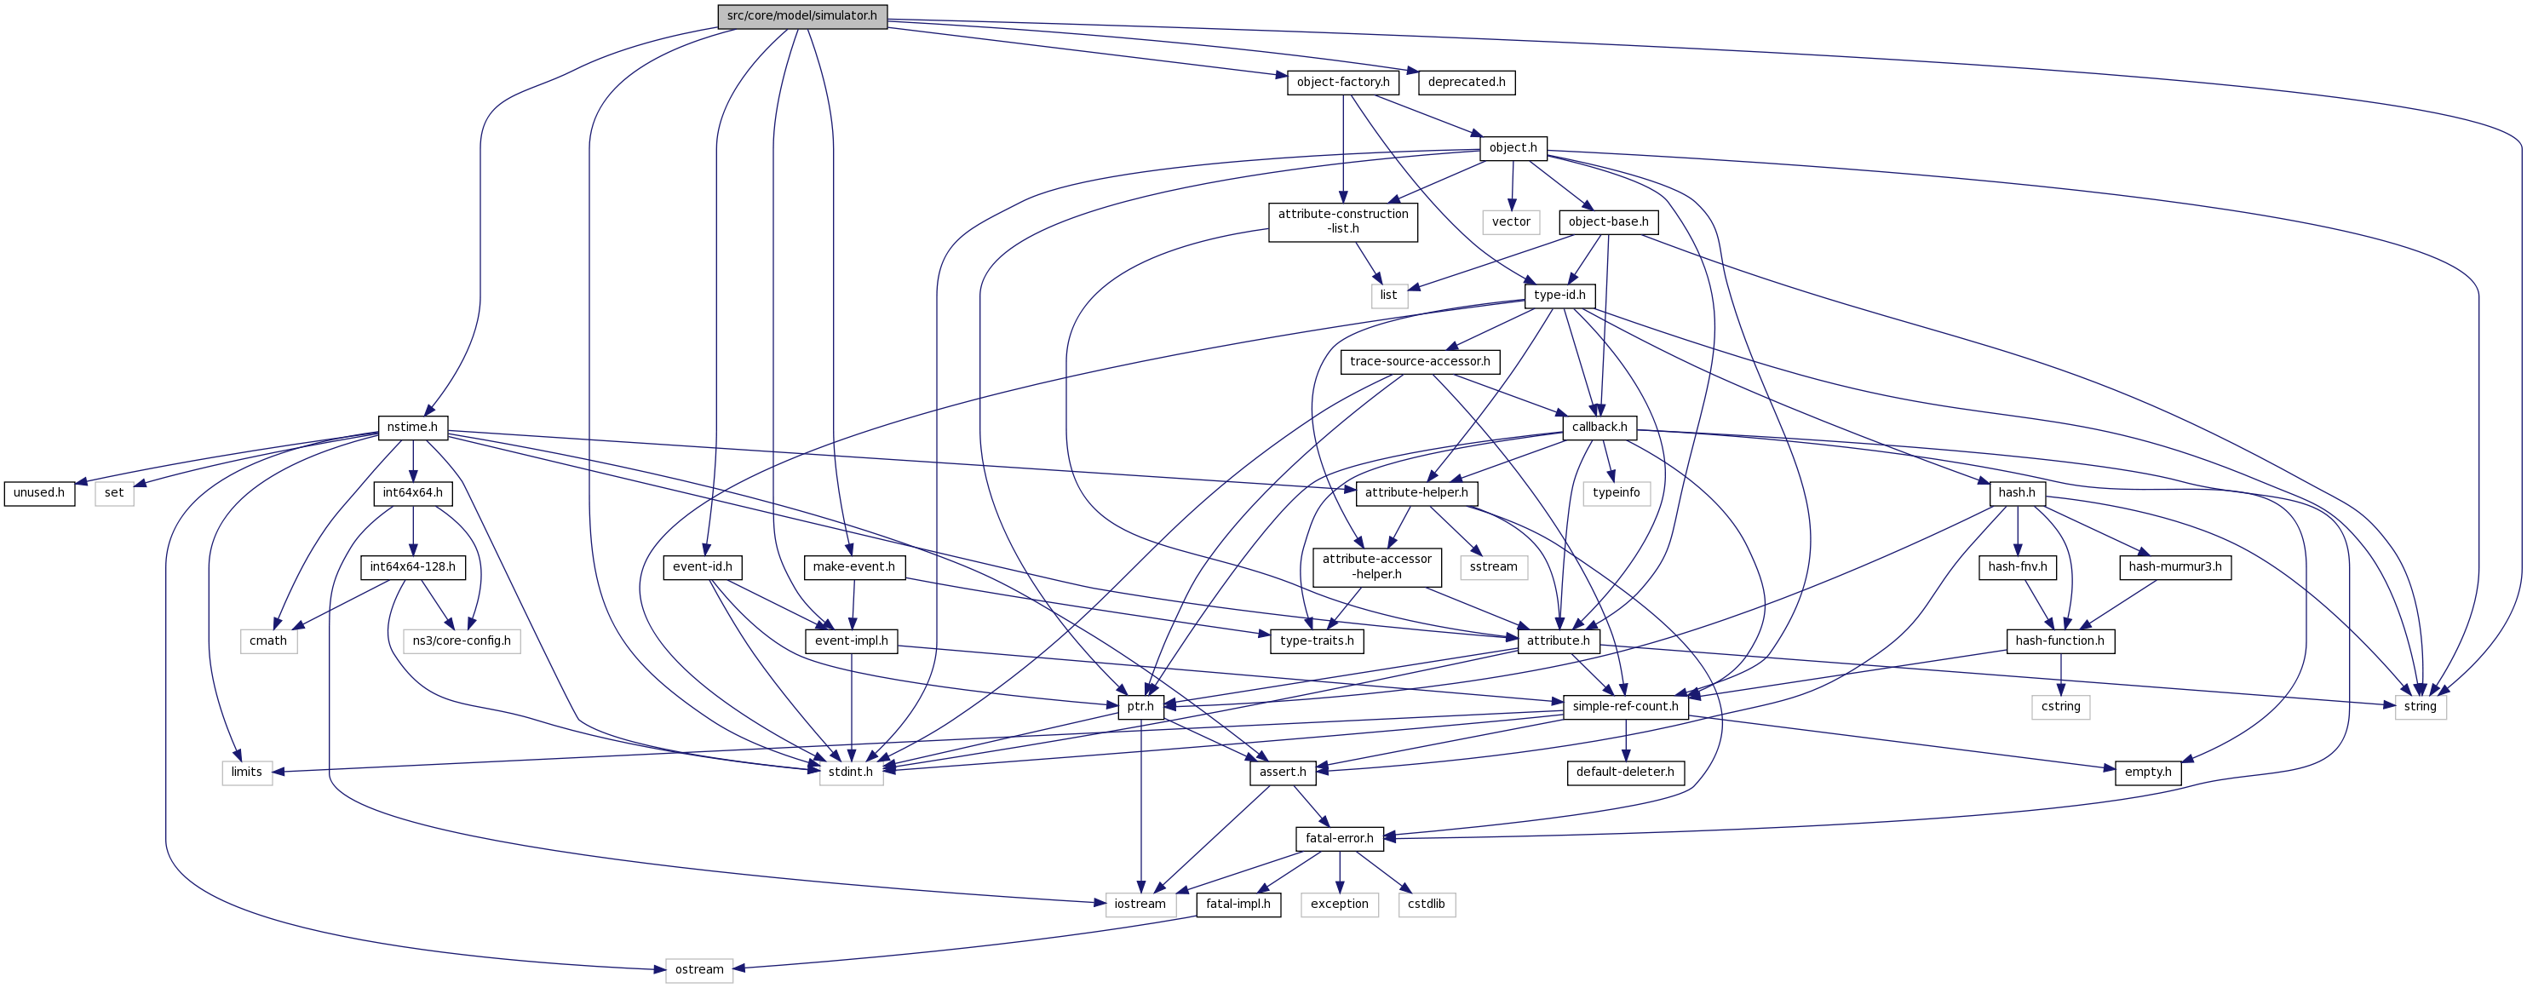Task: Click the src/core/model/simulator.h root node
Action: (801, 15)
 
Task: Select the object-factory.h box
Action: (1342, 83)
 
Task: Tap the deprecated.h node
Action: (1466, 83)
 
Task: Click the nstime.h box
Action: (412, 428)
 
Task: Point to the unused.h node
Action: (39, 492)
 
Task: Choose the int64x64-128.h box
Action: (412, 567)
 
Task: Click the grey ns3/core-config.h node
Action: (461, 641)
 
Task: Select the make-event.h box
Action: (853, 567)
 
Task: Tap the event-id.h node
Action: (703, 567)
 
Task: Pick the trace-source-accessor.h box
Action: (1420, 362)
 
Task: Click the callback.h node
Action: (1599, 428)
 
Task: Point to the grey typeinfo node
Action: (1616, 492)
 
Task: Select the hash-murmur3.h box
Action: (2175, 567)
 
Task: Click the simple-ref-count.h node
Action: (1624, 706)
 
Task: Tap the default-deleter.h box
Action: (1624, 773)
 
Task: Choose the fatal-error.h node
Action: (1339, 839)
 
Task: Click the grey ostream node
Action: (698, 970)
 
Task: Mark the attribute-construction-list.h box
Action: (1343, 221)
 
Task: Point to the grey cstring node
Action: (2060, 706)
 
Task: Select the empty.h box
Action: (2147, 773)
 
